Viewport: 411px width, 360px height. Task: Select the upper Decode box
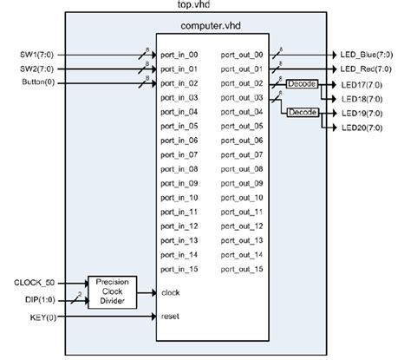tap(303, 83)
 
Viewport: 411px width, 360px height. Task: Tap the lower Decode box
tap(303, 112)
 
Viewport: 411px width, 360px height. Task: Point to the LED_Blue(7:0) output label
tap(369, 55)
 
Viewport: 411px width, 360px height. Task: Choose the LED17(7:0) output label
tap(364, 83)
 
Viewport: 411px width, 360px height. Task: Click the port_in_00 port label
tap(179, 55)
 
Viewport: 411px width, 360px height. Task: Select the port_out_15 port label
tap(242, 270)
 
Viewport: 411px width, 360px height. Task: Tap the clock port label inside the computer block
tap(171, 292)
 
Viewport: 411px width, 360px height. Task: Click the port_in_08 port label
tap(179, 169)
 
